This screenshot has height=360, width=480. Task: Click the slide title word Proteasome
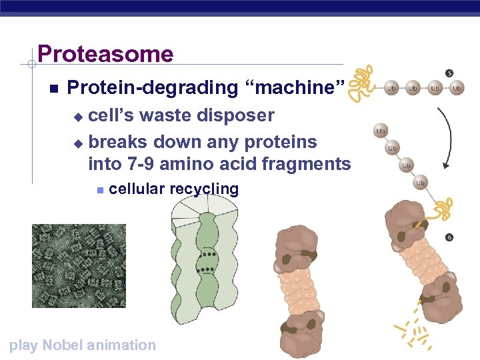105,54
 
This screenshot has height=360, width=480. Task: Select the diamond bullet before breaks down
77,143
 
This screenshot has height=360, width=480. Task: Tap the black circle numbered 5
449,73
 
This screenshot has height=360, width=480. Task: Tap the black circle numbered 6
449,237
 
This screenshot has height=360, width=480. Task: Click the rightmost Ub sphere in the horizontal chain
457,88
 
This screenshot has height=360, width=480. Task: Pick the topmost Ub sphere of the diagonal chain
381,131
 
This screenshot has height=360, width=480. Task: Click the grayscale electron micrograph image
79,265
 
